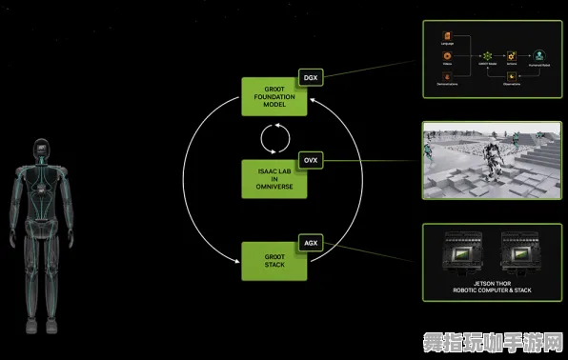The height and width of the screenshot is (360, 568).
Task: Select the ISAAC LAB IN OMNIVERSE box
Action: click(274, 179)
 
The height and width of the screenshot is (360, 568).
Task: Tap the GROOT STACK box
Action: click(274, 262)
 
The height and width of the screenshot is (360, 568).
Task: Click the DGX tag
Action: click(310, 76)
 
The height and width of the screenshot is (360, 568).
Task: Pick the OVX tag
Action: click(310, 160)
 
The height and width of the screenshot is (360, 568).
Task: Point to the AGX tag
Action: click(310, 243)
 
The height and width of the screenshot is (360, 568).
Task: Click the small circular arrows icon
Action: click(274, 139)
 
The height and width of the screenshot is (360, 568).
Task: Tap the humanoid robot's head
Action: click(40, 150)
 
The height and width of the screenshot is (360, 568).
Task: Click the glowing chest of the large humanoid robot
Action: click(40, 186)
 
